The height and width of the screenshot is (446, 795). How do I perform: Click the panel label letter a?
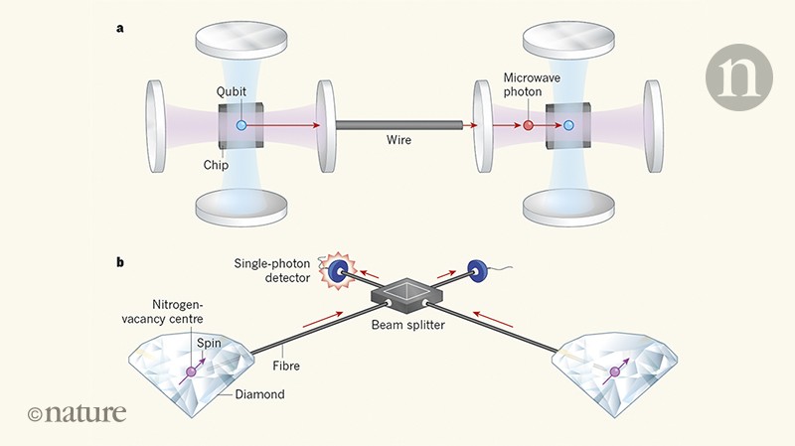click(x=120, y=28)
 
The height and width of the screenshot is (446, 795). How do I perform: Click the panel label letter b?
click(x=120, y=263)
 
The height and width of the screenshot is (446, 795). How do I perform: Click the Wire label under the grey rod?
click(x=401, y=141)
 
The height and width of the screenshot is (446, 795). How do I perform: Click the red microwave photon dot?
click(x=528, y=126)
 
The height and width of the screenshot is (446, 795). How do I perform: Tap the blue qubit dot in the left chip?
click(x=241, y=126)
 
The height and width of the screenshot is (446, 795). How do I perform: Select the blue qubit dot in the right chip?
click(x=568, y=126)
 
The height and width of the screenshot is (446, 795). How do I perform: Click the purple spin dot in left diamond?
click(x=189, y=373)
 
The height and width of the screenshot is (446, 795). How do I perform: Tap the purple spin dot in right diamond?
click(x=613, y=372)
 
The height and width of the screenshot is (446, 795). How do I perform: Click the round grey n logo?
click(x=737, y=76)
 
